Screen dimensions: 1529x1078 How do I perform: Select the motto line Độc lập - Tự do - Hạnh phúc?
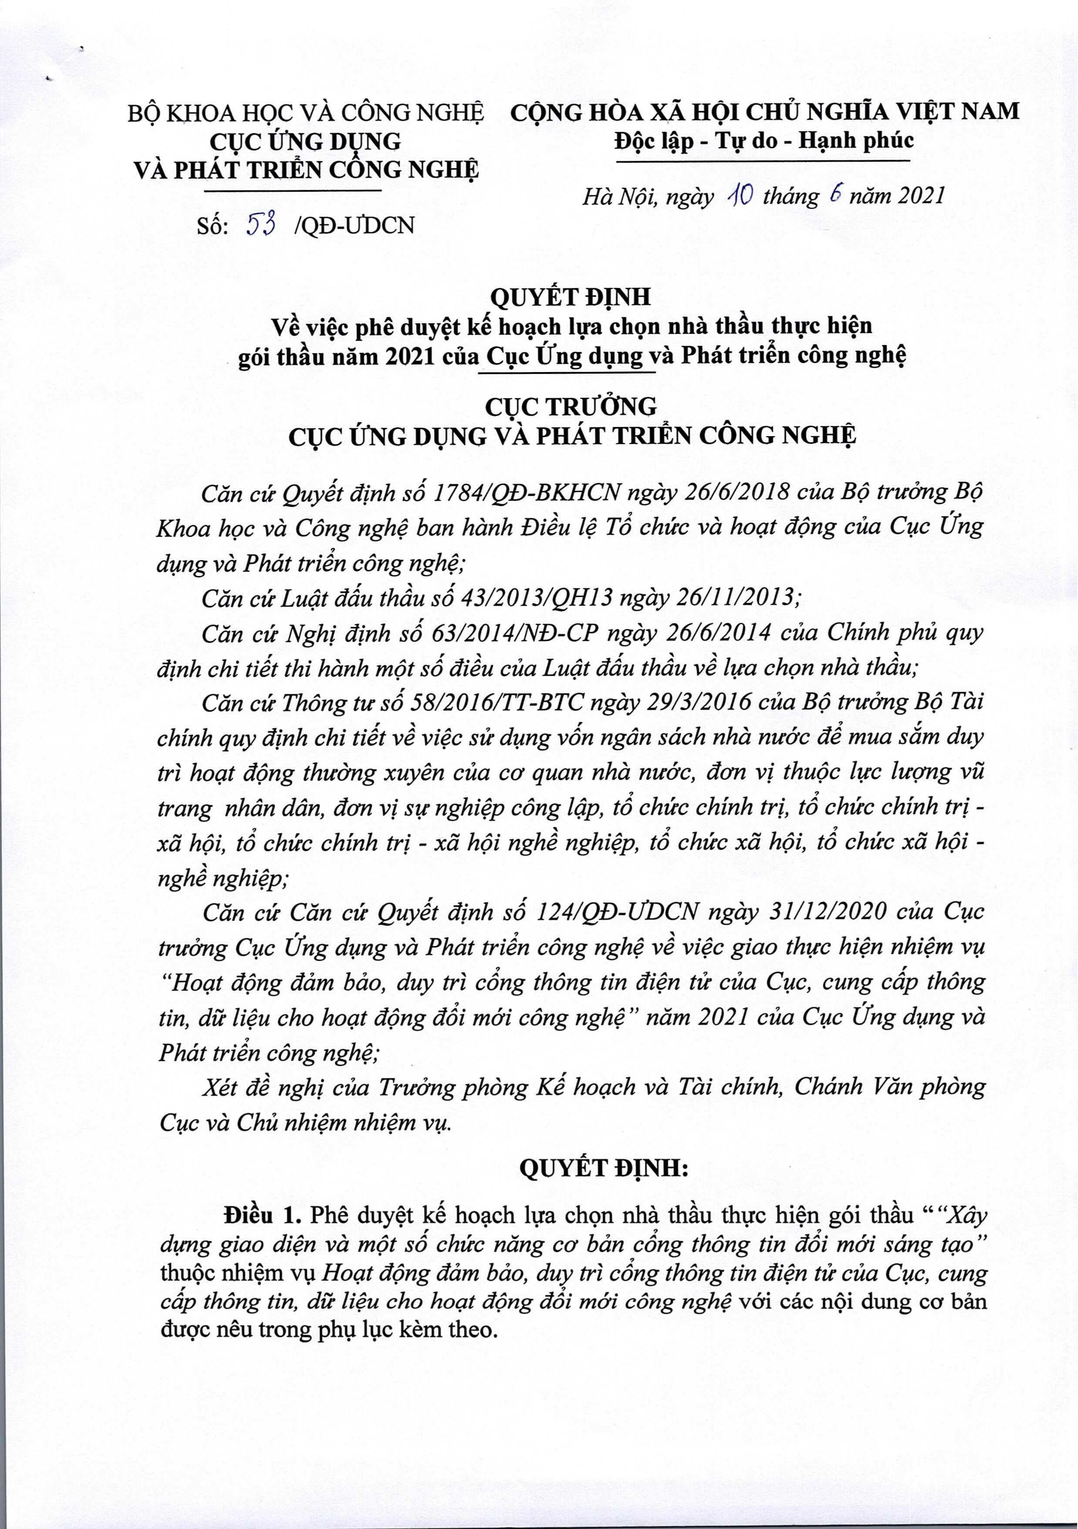point(764,140)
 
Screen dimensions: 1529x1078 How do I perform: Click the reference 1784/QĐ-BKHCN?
point(526,492)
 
